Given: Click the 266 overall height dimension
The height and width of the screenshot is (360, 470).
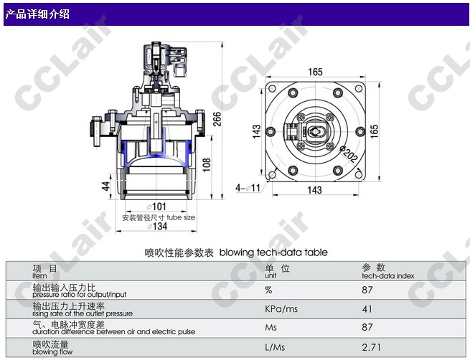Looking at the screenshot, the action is click(217, 119).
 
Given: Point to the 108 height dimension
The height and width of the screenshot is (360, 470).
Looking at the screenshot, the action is click(207, 165).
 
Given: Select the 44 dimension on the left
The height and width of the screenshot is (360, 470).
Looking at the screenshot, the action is click(105, 186).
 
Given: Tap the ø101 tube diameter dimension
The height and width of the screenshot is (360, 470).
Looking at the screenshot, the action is click(156, 207).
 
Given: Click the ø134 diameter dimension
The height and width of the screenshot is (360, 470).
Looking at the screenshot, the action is click(157, 226).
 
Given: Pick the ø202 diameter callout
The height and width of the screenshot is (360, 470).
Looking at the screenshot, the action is click(349, 153).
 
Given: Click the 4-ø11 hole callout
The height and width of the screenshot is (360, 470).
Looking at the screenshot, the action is click(248, 188).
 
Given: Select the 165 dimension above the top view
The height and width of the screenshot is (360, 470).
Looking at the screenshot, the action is click(315, 72).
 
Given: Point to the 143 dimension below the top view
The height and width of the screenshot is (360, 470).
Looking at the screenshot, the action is click(315, 190).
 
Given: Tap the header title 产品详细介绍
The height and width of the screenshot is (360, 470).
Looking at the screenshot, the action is click(37, 14).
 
